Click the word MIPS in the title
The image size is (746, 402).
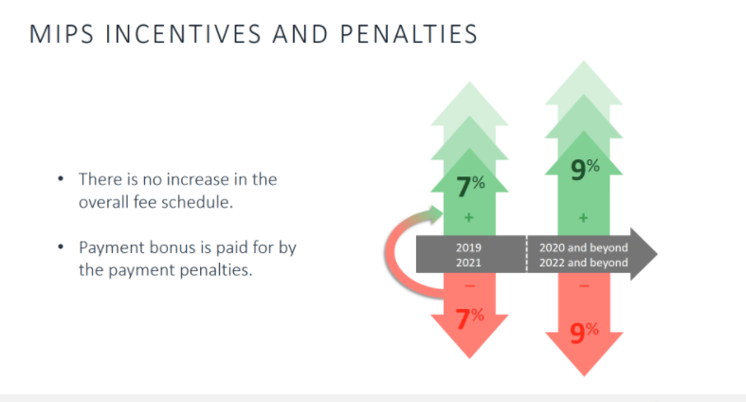click(x=60, y=35)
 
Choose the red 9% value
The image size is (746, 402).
click(x=584, y=332)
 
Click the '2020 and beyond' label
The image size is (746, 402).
click(x=583, y=247)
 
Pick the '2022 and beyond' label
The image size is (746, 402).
click(x=583, y=263)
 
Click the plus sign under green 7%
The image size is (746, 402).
click(x=468, y=219)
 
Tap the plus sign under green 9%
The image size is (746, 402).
click(x=583, y=219)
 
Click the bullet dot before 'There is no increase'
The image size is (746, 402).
click(x=62, y=178)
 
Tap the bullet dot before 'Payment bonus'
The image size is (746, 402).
click(x=62, y=247)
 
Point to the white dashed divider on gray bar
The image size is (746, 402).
click(x=526, y=254)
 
